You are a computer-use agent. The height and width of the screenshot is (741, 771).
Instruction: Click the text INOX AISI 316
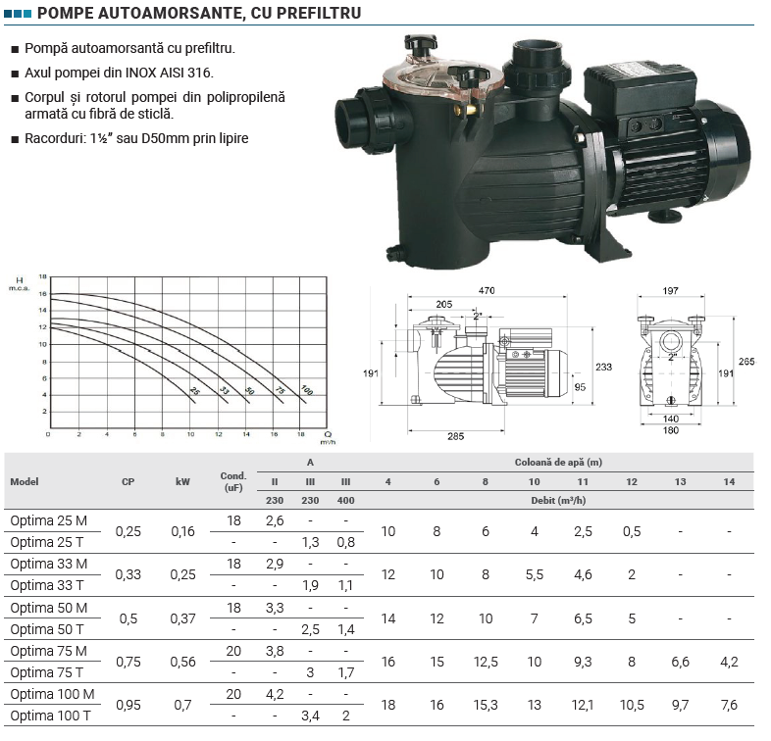click(169, 73)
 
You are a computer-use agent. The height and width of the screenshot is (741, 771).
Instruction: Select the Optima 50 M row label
click(49, 608)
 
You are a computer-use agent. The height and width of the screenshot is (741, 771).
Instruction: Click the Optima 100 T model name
click(50, 716)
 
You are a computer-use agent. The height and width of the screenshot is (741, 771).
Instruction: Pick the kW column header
click(182, 481)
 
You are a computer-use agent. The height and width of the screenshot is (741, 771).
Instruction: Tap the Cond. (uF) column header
click(233, 481)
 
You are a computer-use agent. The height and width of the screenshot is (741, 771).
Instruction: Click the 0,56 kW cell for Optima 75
click(182, 662)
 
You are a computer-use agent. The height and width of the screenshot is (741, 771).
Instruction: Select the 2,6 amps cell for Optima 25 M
click(275, 520)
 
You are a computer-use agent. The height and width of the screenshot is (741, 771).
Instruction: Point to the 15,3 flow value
click(486, 705)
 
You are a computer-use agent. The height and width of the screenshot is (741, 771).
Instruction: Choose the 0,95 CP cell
click(128, 705)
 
